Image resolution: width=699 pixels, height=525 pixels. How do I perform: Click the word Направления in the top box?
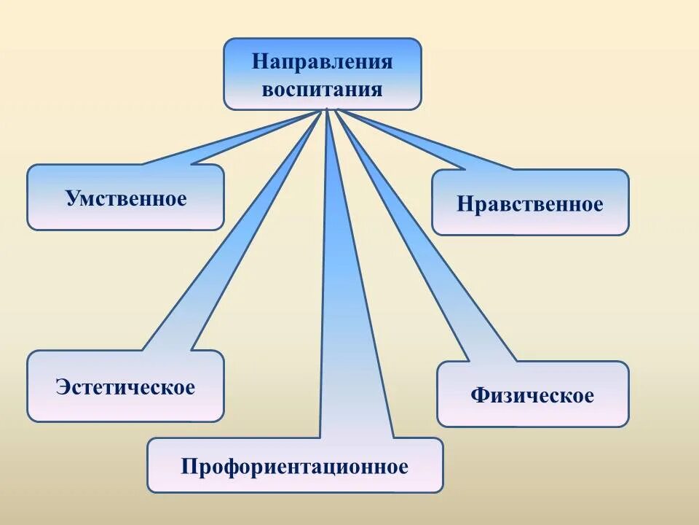(322, 61)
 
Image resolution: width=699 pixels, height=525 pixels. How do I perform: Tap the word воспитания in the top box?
(322, 90)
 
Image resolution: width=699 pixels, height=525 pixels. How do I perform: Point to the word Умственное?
(126, 198)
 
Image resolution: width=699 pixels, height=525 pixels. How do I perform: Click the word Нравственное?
(530, 204)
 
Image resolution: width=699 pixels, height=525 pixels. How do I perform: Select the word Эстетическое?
(125, 386)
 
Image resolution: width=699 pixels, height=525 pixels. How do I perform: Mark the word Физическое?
(532, 396)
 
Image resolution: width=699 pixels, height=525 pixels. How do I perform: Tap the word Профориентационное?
(295, 467)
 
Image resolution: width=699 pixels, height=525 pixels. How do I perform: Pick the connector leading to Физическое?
(422, 248)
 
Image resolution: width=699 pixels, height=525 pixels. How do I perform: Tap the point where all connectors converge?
(328, 110)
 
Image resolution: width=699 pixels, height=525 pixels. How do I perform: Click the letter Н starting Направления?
(258, 61)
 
